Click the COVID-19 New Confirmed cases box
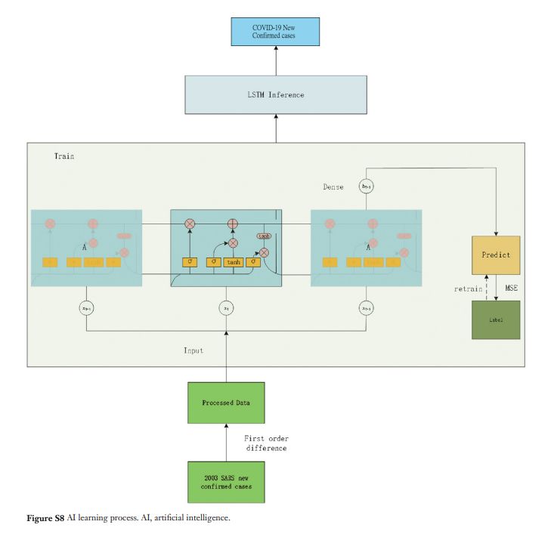tap(276, 32)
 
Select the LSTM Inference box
tap(276, 95)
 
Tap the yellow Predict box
tap(496, 255)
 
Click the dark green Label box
tap(496, 319)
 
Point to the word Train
tap(64, 156)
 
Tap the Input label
tap(194, 350)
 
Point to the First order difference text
tap(267, 444)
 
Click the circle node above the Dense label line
tap(367, 184)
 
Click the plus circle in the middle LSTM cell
tap(234, 224)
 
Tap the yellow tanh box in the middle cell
tap(233, 262)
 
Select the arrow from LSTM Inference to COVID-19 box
tap(276, 60)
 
